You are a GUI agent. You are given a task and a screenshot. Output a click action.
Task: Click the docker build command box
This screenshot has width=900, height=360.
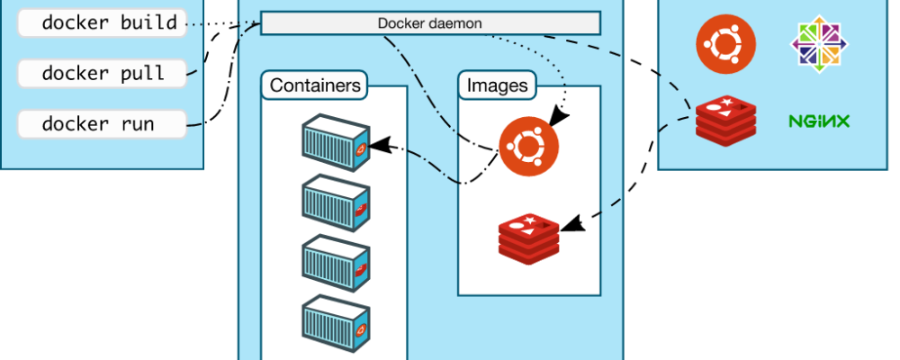101,23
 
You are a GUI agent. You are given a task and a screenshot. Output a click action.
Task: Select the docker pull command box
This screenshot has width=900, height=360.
101,73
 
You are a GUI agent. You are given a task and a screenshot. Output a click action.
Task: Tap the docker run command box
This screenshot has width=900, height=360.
101,122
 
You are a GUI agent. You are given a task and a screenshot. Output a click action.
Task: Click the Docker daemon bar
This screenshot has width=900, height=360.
430,23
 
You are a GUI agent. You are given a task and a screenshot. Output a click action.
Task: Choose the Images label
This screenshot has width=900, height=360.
497,85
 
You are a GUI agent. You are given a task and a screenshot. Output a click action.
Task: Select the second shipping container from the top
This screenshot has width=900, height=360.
335,202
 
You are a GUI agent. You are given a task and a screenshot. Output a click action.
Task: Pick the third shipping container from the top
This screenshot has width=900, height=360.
335,262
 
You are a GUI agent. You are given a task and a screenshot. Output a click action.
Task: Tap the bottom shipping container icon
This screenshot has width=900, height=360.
335,322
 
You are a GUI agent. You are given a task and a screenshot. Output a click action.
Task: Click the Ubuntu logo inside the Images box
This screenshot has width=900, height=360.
528,147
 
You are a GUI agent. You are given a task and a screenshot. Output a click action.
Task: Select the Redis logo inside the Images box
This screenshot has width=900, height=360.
528,232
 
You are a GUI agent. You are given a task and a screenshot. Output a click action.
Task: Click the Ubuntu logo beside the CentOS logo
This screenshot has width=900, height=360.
726,42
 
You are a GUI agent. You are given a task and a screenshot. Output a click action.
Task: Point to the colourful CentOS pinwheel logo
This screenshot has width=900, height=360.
819,42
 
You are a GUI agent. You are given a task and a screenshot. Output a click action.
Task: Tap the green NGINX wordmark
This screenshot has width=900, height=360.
819,121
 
